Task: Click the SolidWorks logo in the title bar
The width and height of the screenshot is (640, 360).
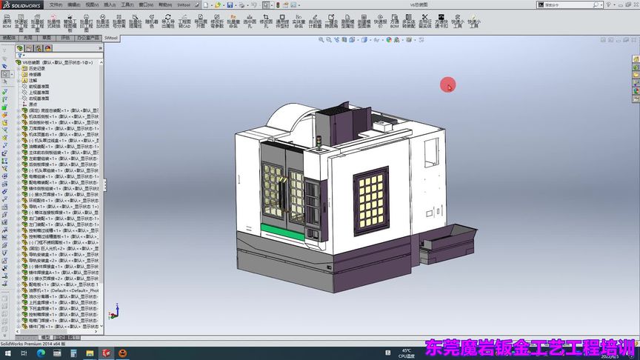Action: [22, 4]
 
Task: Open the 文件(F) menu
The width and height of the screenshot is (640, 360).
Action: [56, 4]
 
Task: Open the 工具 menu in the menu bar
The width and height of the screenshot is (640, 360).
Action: [127, 4]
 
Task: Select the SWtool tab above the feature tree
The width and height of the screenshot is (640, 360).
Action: [111, 37]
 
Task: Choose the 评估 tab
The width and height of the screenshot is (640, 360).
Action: [65, 37]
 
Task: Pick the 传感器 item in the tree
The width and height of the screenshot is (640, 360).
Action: [35, 74]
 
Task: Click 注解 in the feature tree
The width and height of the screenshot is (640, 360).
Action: [33, 80]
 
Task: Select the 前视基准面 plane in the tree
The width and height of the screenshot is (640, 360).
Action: [39, 86]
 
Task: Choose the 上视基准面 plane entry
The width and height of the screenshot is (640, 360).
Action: [39, 92]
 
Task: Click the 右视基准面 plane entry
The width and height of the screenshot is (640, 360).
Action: [39, 98]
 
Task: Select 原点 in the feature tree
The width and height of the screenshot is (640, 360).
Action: [33, 104]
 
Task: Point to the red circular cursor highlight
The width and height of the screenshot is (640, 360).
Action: [447, 85]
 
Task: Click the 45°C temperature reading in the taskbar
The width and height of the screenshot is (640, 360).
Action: [407, 350]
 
